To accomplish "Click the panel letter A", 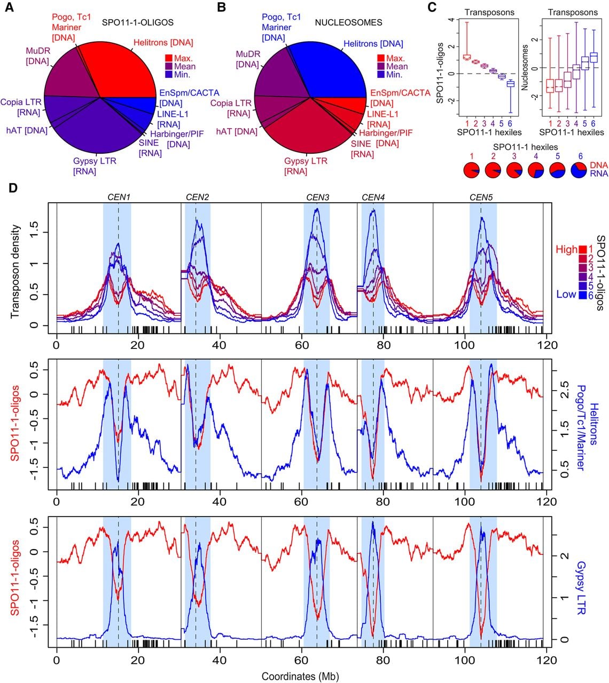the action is (10, 7).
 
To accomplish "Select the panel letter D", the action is (12, 188).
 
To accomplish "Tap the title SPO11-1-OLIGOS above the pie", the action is (138, 22).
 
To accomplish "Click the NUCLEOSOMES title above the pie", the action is (348, 22).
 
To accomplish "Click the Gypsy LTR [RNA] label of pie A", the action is (95, 166).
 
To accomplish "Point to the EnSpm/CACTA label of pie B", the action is (400, 98).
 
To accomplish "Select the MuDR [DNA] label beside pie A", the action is (38, 56).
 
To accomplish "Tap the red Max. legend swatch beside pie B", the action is (380, 58).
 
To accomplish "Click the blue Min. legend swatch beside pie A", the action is (169, 74).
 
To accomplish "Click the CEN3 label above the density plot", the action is (318, 197).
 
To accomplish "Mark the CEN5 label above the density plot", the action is (481, 197).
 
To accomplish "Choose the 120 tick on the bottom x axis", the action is (547, 660).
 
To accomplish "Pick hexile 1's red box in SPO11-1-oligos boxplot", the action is (467, 57).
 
